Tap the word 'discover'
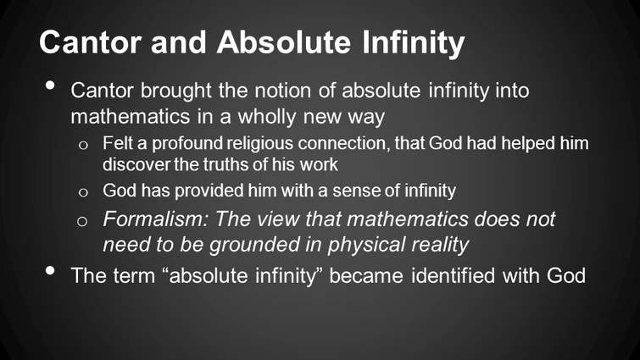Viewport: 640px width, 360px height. point(131,163)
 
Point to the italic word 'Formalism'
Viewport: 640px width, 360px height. point(147,219)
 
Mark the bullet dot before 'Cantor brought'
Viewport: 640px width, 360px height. point(51,87)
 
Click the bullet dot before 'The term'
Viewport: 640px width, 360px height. point(51,274)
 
